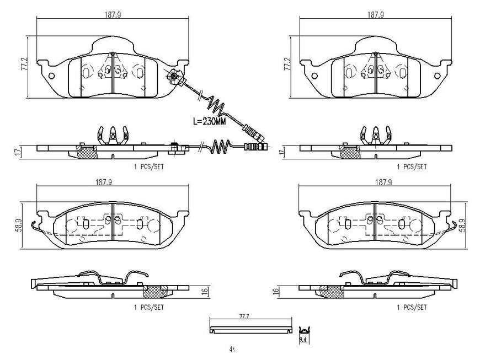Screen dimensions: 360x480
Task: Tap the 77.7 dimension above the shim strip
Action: click(245, 316)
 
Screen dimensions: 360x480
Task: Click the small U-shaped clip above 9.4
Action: click(303, 330)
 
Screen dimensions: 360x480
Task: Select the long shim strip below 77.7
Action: click(251, 330)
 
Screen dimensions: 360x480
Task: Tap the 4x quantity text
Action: click(232, 350)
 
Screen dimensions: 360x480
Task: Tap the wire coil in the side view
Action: click(221, 146)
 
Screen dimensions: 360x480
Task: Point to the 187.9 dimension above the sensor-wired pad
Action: click(112, 15)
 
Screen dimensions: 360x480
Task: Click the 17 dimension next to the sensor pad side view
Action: click(17, 152)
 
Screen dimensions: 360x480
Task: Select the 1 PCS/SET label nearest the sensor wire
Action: click(148, 166)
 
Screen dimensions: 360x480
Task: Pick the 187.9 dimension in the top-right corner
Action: click(375, 15)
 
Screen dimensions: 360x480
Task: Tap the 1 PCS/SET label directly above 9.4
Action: click(411, 307)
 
